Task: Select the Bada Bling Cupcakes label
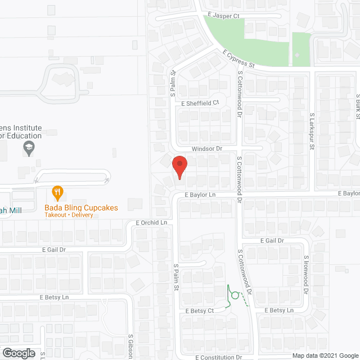[x=82, y=207]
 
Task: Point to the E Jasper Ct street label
[x=223, y=15]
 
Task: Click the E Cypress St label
[x=238, y=59]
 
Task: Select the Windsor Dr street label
[x=207, y=149]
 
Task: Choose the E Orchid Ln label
[x=152, y=223]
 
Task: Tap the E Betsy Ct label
[x=196, y=310]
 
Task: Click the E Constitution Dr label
[x=219, y=357]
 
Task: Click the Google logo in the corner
[x=19, y=353]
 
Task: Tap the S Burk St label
[x=357, y=107]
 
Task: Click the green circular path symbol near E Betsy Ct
[x=235, y=295]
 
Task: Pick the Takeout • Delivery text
[x=69, y=215]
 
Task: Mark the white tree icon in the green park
[x=296, y=56]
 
